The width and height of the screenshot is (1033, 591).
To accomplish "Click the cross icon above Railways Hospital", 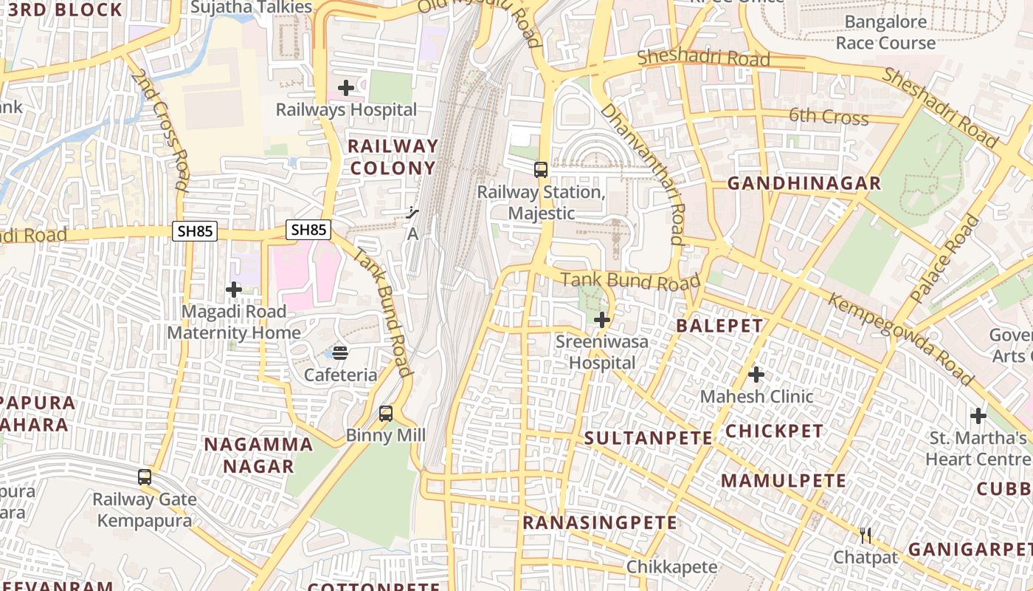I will pos(345,89).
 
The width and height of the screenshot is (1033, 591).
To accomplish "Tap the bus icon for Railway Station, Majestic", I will pos(541,170).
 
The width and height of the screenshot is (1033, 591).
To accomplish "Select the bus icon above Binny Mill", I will pos(386,414).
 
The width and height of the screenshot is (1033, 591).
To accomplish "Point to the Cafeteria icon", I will pos(340,352).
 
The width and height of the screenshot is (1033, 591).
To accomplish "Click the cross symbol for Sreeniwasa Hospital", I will pos(602,320).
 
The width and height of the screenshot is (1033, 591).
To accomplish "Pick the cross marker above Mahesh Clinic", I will pos(756,375).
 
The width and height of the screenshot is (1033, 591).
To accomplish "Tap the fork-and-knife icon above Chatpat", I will pos(866,535).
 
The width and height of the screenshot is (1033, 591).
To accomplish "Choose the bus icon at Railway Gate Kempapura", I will pos(145,477).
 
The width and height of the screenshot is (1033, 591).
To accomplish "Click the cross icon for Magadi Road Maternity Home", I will pos(234,290).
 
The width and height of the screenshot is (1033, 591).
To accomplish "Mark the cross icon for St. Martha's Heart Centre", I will pos(978,416).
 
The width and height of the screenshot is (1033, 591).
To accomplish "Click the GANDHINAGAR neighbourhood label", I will pos(804,183).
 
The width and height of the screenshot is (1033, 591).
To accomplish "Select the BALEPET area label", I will pos(719,326).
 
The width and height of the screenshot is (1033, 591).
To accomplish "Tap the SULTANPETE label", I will pos(649,438).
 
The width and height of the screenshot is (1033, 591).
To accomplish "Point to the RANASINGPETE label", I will pos(600,523).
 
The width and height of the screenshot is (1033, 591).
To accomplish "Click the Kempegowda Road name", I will pos(901,339).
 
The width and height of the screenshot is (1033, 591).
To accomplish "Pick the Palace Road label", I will pos(947,259).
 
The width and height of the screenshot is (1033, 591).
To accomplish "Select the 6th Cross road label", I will pos(829,116).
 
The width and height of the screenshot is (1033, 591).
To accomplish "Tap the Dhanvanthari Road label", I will pos(643,174).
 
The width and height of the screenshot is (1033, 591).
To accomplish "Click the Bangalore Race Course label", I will pos(885,33).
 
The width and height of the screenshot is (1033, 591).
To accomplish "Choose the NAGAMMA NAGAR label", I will pos(258,455).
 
